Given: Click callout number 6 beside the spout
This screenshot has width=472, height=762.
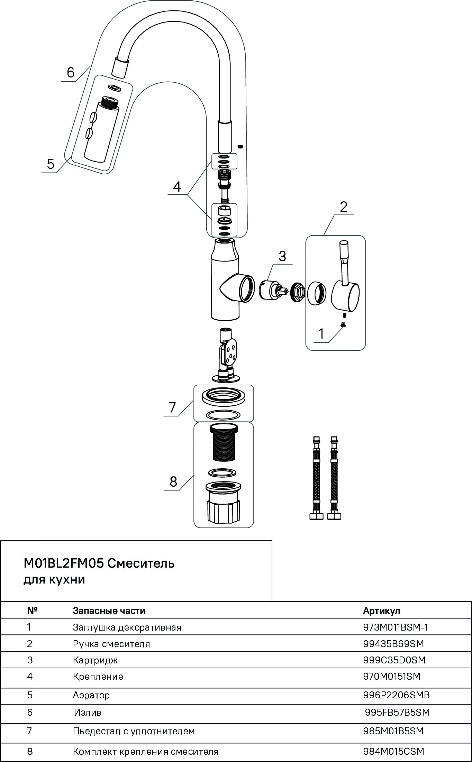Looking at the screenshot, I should coord(71,73).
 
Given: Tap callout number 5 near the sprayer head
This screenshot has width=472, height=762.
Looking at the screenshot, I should coord(51,164).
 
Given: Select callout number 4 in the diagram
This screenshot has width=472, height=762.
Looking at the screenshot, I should coord(177,187).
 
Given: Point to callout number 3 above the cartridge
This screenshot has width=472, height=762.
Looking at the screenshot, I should coord(282,256).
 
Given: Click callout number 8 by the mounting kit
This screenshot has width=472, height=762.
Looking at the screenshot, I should coord(173,481).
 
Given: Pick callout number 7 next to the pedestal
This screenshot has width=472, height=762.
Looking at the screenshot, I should coord(173,407).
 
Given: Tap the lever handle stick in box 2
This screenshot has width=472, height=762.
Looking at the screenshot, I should coord(344,263).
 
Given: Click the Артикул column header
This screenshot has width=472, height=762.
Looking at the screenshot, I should coord(381,611).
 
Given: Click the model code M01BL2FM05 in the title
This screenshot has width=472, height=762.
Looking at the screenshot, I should coord(64,563).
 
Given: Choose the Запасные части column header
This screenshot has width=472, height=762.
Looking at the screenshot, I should coord(109,611).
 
